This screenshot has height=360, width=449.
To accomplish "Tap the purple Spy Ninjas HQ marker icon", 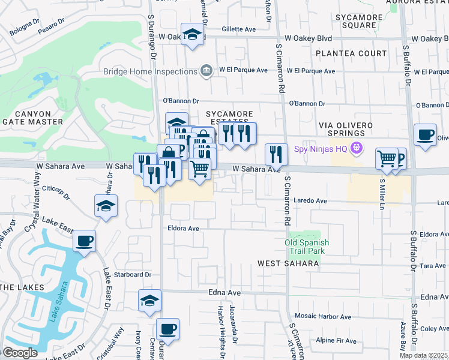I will (357, 147).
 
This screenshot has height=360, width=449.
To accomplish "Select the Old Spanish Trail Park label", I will (307, 246).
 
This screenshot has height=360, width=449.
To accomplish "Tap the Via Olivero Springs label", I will (346, 129).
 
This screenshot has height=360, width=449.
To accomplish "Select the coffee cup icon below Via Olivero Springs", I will (426, 134).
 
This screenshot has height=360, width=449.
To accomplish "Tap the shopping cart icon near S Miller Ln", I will (387, 159).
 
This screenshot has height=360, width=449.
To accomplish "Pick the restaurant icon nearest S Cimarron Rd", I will (276, 154).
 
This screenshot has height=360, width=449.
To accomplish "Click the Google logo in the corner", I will (20, 353).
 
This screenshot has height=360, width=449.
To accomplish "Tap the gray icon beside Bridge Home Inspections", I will (206, 71).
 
